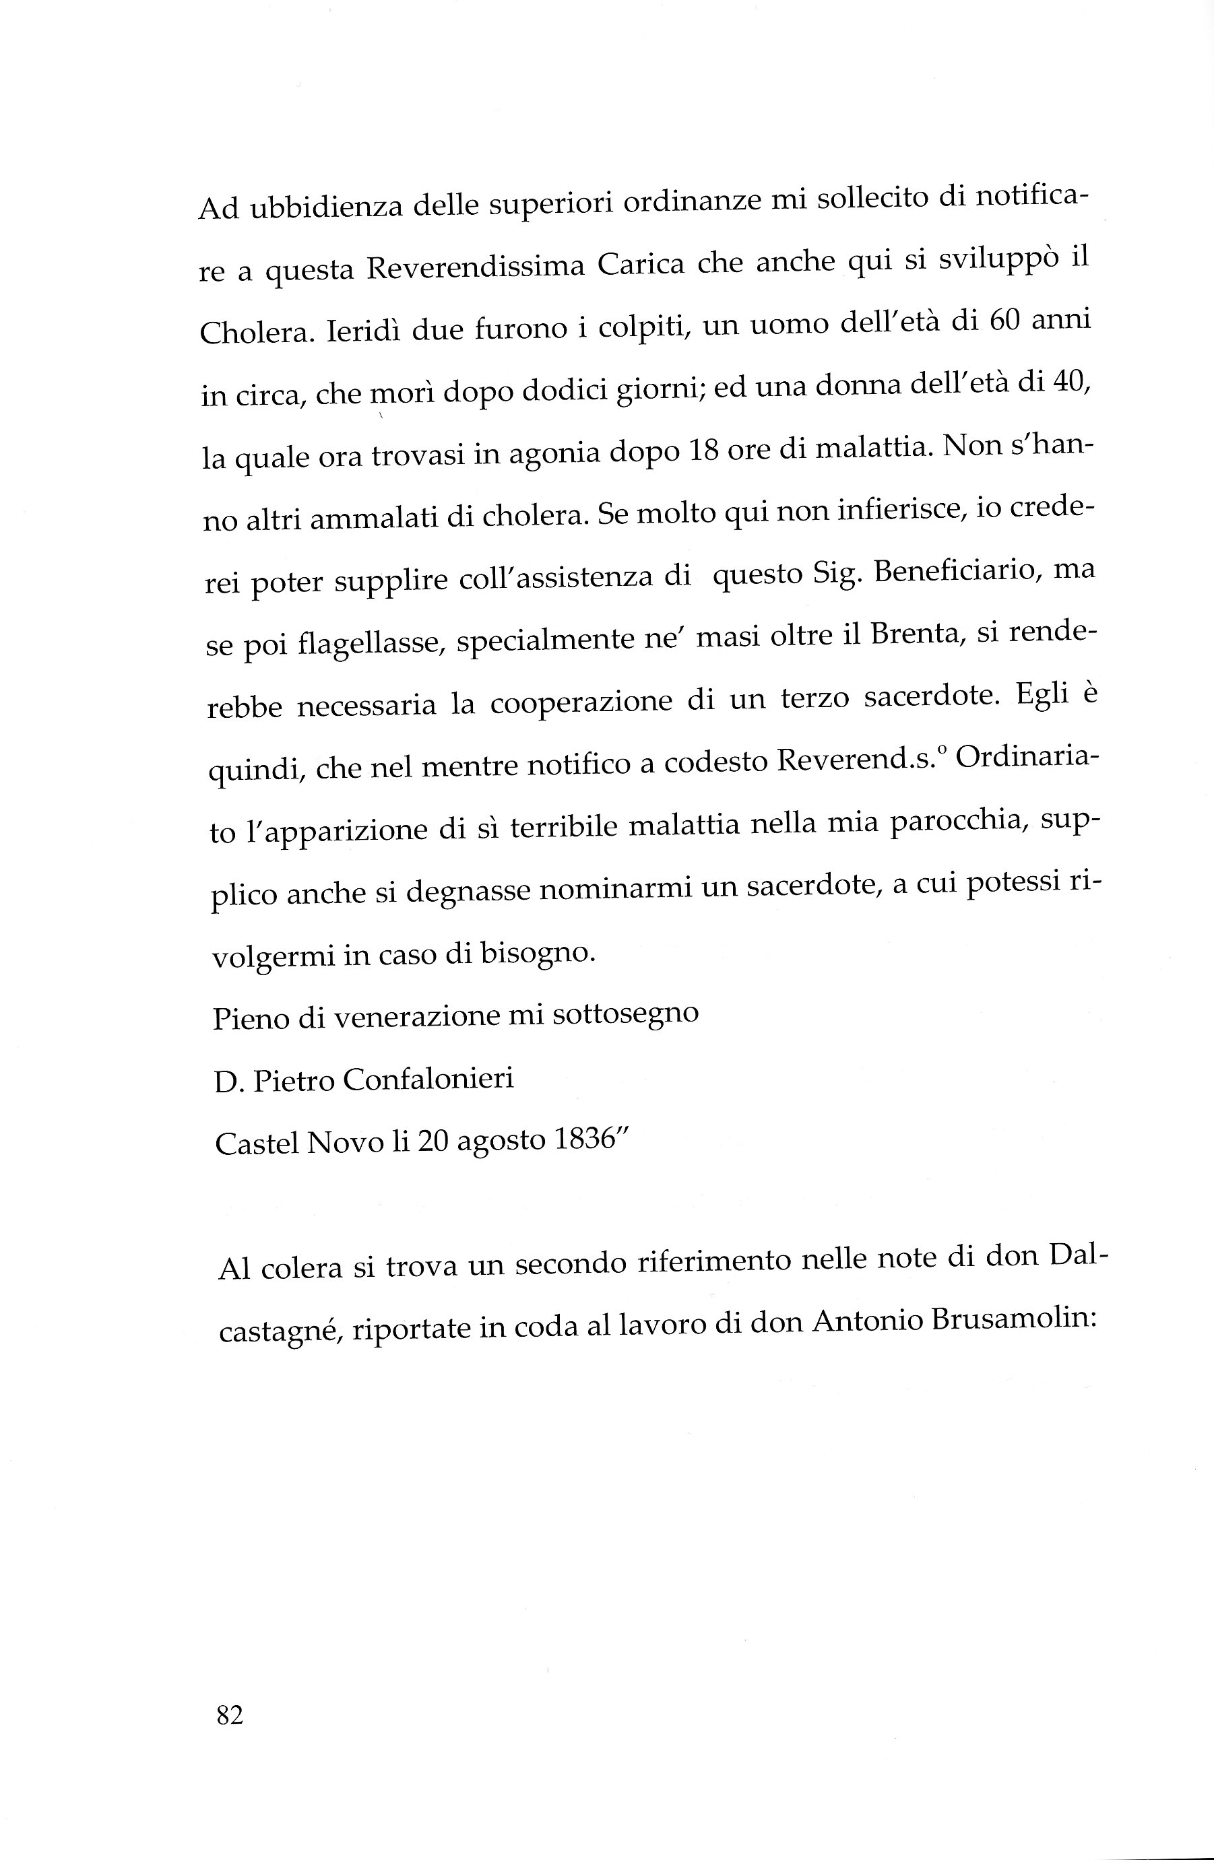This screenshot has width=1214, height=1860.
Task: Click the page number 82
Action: tap(229, 1715)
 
